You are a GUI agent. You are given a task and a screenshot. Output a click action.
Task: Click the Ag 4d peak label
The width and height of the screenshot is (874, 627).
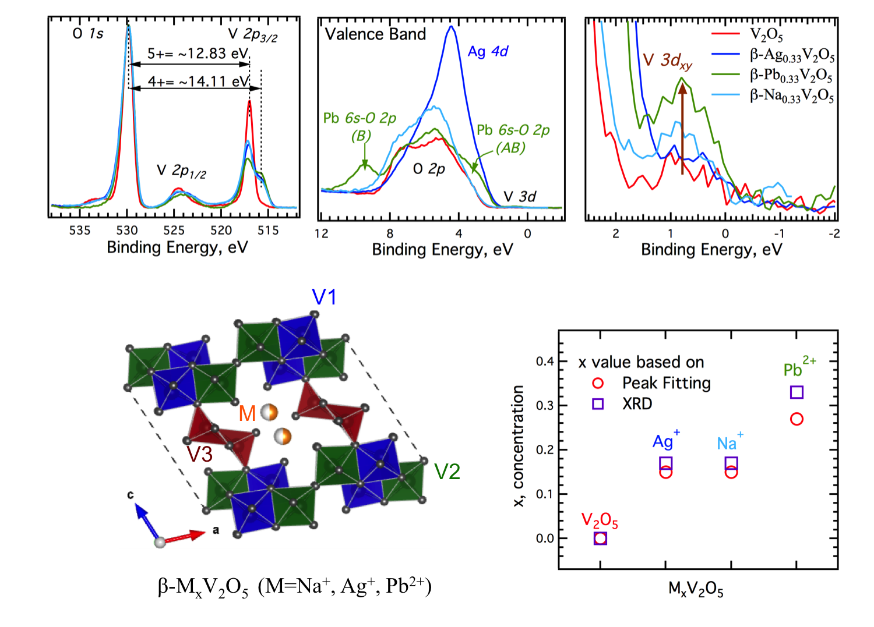[x=488, y=52]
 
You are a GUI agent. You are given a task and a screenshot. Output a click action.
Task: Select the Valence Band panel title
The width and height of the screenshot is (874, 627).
[x=376, y=34]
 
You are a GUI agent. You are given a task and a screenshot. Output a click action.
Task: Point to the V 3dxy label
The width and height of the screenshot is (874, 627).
[x=668, y=61]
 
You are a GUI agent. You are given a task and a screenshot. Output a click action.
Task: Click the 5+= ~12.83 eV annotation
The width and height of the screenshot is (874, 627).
[x=198, y=54]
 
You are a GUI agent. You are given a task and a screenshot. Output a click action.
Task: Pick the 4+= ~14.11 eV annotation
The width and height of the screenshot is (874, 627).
[x=198, y=82]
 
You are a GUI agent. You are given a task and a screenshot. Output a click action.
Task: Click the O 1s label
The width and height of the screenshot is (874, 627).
[x=88, y=34]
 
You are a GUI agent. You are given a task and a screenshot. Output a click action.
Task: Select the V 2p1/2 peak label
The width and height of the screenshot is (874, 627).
[x=181, y=171]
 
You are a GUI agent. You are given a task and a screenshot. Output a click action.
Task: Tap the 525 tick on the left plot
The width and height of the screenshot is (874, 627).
[x=174, y=231]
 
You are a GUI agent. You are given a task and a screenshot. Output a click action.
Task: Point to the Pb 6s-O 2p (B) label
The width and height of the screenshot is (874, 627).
[x=360, y=126]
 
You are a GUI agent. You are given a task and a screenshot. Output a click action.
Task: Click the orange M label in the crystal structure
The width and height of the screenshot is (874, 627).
[x=248, y=413]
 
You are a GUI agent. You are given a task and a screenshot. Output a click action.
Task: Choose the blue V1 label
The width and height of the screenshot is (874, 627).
[x=324, y=297]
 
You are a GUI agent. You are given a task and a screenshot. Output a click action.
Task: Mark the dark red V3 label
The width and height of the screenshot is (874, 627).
[x=199, y=455]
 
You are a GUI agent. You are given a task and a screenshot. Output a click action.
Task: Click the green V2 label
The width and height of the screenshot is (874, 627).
[x=447, y=472]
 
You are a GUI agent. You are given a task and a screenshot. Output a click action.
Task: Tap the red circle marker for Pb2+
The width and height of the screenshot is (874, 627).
[x=797, y=419]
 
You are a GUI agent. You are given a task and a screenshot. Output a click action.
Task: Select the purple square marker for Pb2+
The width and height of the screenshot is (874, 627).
[x=797, y=392]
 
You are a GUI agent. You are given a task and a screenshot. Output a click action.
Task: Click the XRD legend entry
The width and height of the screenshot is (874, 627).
[x=637, y=404]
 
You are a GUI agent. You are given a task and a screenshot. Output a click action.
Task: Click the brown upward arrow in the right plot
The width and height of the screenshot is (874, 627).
[x=682, y=128]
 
